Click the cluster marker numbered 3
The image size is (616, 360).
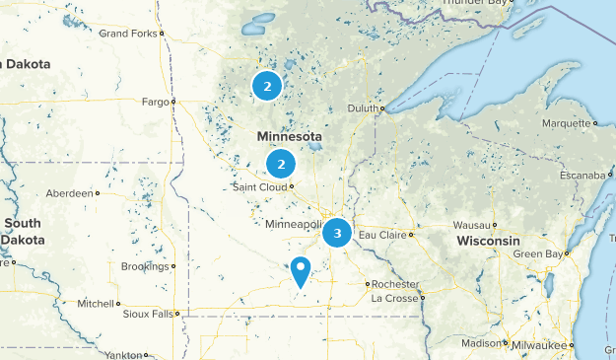[x=337, y=233]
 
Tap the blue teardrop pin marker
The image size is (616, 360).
[x=301, y=269]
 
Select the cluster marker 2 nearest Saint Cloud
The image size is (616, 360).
[x=281, y=164]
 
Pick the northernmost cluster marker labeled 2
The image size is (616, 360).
[x=266, y=86]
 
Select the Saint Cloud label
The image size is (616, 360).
[x=259, y=186]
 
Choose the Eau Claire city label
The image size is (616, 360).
[x=381, y=235]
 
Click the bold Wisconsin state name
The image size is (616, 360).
[x=488, y=242]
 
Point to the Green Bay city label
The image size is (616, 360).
[x=538, y=254]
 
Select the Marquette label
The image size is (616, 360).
[x=567, y=123]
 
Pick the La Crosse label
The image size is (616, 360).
[x=393, y=298]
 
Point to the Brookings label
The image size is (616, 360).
[x=145, y=266]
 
